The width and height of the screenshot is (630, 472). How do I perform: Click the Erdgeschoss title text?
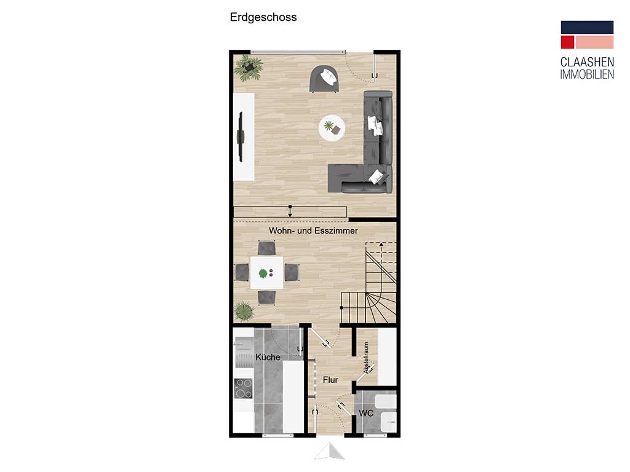263,18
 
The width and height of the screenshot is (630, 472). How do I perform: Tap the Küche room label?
268,357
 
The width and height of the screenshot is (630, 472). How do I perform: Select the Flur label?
330,380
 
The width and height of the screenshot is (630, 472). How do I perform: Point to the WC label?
367,414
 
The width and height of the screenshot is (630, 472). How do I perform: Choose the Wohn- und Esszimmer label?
313,230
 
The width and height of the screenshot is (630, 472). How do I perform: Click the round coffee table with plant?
332,128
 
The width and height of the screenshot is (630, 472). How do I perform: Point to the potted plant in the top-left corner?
248,68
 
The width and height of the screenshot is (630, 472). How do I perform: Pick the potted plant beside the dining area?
244,311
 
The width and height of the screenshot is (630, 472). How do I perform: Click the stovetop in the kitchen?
244,388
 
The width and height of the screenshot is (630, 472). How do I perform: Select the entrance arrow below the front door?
329,452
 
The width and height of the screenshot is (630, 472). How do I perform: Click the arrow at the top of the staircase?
381,245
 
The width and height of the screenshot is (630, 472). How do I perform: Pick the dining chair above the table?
266,248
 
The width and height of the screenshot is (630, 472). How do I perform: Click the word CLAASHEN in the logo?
587,63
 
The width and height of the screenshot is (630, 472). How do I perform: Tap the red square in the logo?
567,42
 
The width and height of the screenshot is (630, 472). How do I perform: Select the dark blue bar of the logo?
587,27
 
